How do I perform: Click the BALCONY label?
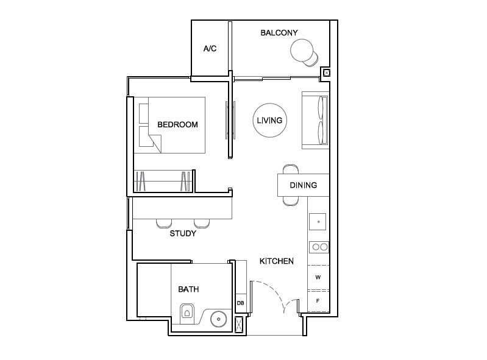[279, 32]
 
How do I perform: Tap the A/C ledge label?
[210, 48]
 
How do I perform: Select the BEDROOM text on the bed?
[177, 125]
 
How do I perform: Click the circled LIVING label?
[269, 121]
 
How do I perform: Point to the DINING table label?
[303, 185]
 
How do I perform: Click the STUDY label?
[182, 233]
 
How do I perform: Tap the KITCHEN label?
[277, 261]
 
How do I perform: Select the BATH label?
[188, 289]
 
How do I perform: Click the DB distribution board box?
[240, 303]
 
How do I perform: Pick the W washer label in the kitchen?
[318, 277]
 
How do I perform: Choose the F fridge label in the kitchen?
[318, 301]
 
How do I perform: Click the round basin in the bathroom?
[218, 319]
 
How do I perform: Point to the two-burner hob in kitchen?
[319, 247]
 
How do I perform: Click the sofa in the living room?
[315, 121]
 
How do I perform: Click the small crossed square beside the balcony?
[327, 73]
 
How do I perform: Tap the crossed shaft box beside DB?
[240, 325]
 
